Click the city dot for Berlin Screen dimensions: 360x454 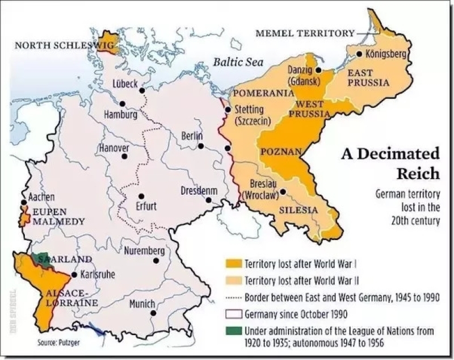[x=201, y=146]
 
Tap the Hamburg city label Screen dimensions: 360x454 [x=120, y=114]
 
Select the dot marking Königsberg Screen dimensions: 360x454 [x=359, y=54]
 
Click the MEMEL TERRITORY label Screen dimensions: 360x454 [x=305, y=34]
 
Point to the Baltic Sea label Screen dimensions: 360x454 [x=238, y=62]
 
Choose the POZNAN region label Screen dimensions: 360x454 [x=277, y=152]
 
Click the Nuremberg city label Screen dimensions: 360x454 [x=144, y=251]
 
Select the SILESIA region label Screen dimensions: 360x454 [x=297, y=210]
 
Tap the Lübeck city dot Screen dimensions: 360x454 [x=142, y=90]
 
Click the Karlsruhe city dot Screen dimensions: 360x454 [x=74, y=275]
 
